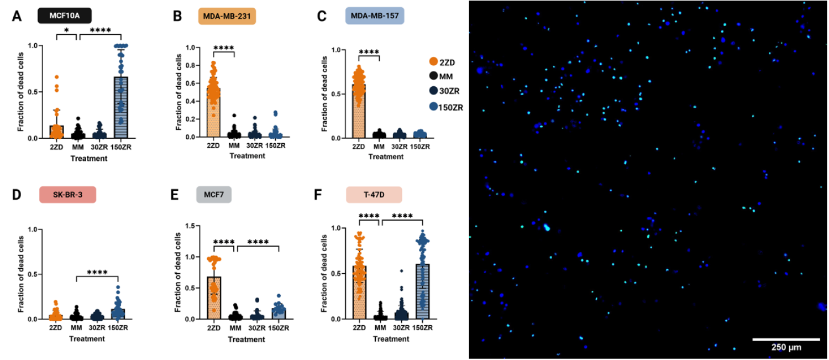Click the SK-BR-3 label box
tap(67, 195)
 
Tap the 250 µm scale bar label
tap(786, 348)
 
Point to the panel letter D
tap(16, 194)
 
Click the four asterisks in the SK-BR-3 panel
tap(98, 272)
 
